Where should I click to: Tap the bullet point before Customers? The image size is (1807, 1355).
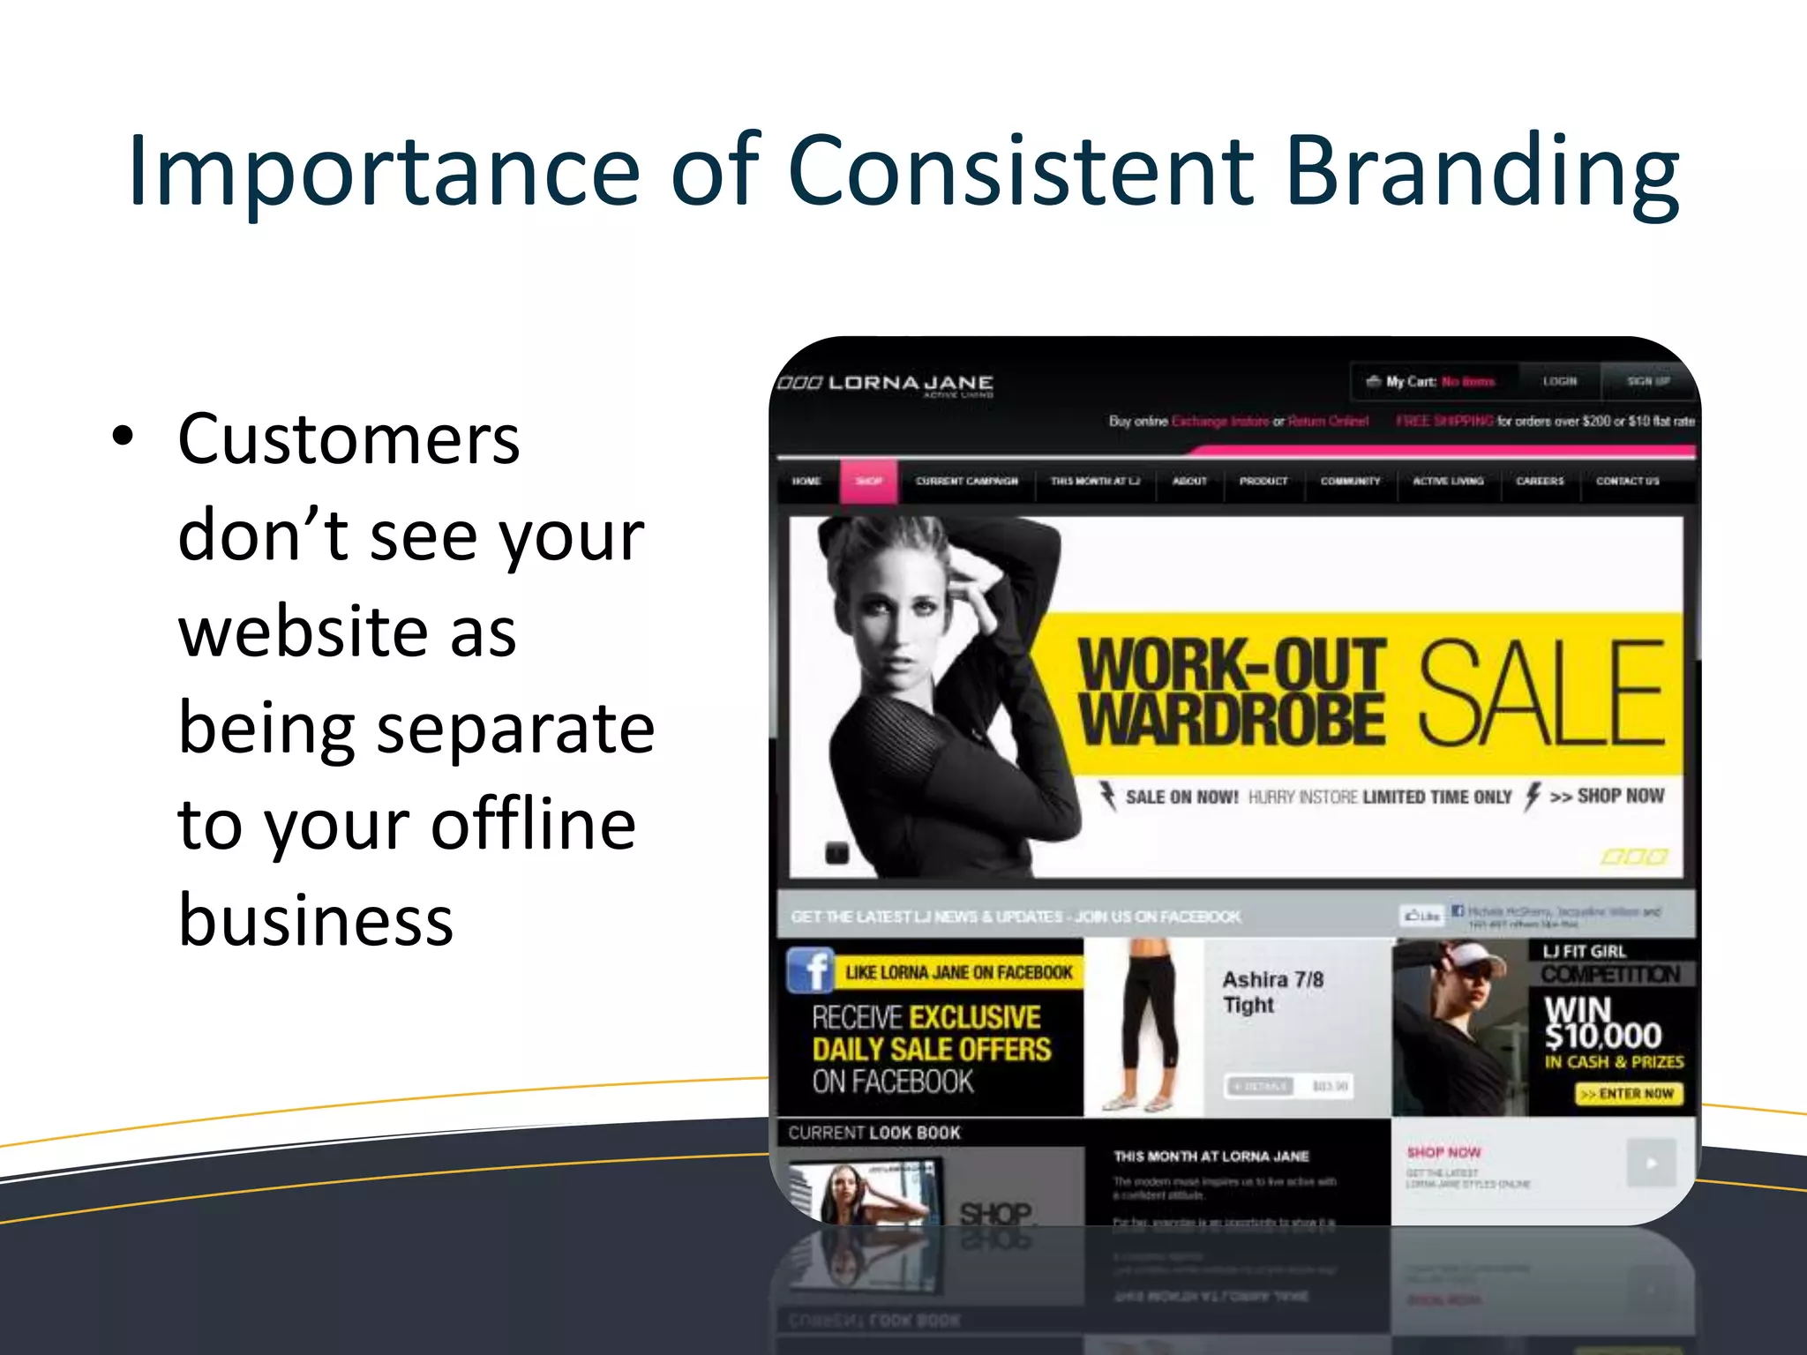124,436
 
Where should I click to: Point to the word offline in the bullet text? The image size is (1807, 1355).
533,824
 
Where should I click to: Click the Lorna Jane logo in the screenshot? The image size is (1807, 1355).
886,384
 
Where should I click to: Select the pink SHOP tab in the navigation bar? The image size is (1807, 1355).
868,482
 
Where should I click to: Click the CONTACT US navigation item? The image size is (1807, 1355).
1627,482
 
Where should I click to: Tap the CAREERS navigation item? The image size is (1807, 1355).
1540,482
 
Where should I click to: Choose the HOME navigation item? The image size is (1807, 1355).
806,482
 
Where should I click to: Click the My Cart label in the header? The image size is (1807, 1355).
1409,382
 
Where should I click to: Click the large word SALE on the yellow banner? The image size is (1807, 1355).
1540,693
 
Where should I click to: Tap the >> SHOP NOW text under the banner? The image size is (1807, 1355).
1607,797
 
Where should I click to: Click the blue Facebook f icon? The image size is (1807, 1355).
810,970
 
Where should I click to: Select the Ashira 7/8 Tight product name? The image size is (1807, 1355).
1271,992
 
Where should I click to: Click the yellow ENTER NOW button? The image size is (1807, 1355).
1629,1094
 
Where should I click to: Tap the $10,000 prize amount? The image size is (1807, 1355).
1602,1035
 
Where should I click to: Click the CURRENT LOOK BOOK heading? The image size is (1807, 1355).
874,1133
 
